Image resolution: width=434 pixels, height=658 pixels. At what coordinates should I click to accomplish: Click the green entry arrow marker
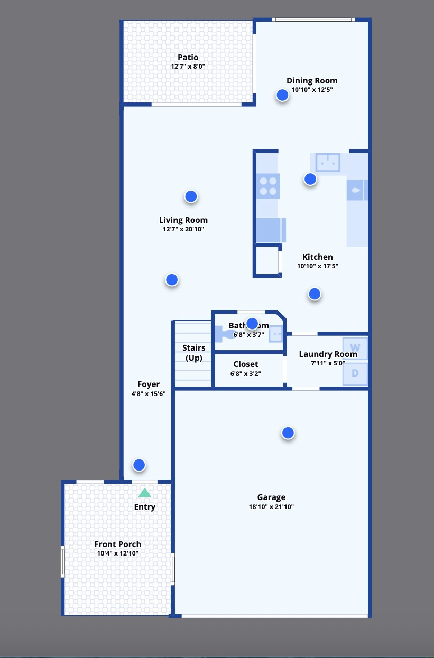(x=144, y=493)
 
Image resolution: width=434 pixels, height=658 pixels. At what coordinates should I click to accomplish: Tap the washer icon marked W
(x=355, y=349)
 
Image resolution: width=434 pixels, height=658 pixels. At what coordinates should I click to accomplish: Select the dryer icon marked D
(x=355, y=373)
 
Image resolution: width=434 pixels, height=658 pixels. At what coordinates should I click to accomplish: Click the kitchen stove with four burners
(x=268, y=186)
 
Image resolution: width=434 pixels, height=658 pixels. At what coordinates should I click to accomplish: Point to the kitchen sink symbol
(x=328, y=163)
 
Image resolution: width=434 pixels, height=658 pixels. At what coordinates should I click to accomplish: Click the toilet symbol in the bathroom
(x=224, y=334)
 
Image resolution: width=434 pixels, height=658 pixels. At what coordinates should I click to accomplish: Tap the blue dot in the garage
(x=288, y=433)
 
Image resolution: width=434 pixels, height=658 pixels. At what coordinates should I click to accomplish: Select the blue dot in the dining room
(x=282, y=95)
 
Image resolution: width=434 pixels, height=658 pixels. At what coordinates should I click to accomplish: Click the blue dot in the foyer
(x=139, y=465)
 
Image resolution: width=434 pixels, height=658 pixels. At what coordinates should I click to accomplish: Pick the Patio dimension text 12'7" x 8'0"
(x=188, y=67)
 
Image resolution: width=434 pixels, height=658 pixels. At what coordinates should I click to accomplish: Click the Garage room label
(x=271, y=497)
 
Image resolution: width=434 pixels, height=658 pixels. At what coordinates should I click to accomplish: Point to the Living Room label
(x=183, y=220)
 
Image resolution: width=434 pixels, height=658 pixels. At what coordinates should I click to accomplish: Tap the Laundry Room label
(x=328, y=354)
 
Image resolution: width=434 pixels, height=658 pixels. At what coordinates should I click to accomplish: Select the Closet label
(x=246, y=364)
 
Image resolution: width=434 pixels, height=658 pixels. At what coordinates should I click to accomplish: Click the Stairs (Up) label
(x=193, y=353)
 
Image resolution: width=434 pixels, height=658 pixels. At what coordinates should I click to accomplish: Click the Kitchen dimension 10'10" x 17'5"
(x=317, y=266)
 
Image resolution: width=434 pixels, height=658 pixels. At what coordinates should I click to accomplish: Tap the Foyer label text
(x=148, y=384)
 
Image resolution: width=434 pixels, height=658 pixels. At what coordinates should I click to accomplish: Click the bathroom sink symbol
(x=276, y=334)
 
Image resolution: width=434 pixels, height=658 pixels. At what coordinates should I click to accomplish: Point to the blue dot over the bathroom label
(x=252, y=323)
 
